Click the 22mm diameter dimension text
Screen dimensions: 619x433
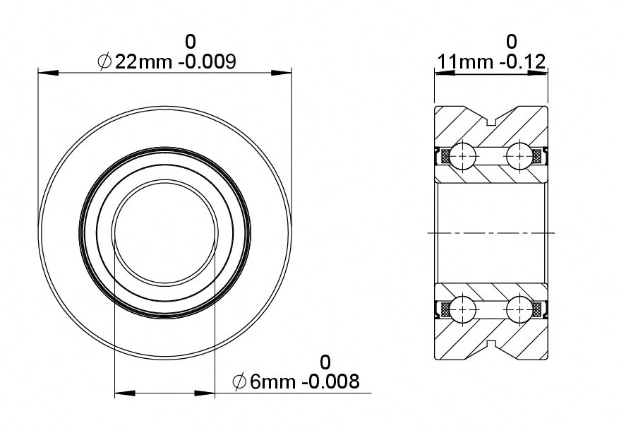tap(143, 61)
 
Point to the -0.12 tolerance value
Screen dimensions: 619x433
tap(522, 61)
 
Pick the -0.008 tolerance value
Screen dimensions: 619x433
tap(331, 381)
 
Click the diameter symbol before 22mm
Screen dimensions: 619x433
tap(104, 62)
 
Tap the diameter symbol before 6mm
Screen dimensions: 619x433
tap(240, 382)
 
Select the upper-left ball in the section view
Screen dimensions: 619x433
tap(463, 156)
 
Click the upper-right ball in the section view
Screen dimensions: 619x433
tap(519, 156)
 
